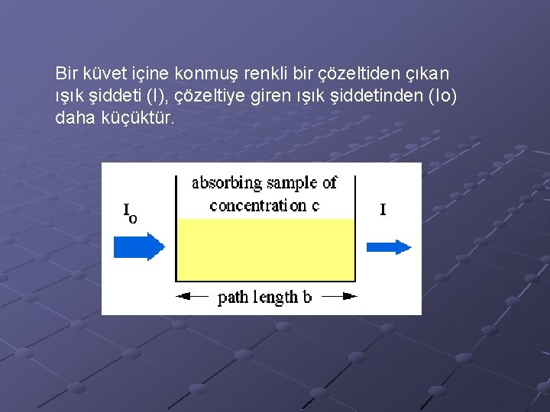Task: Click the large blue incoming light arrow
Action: pos(138,246)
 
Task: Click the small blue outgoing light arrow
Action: pos(389,246)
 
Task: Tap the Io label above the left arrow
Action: pos(130,213)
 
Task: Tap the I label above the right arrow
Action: pos(383,209)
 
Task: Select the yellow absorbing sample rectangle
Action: pos(266,250)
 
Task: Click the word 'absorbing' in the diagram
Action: pos(226,183)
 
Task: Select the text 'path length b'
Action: pos(264,297)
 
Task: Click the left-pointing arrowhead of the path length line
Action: pos(183,296)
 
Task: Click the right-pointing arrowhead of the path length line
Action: pos(349,296)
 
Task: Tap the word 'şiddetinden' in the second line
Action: pos(382,97)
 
